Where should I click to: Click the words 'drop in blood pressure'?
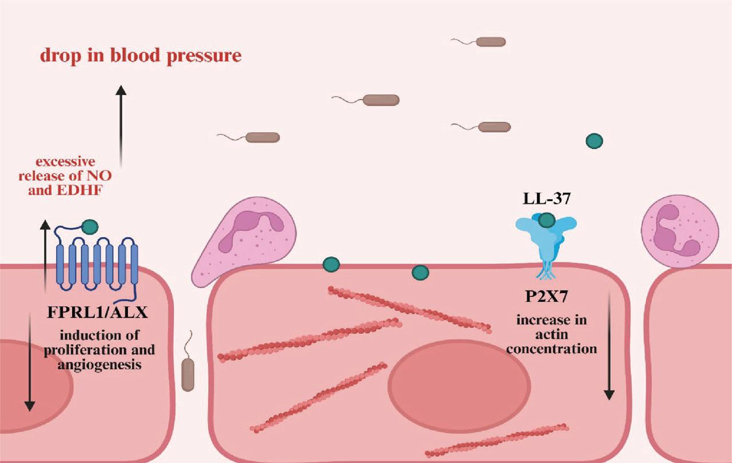[140, 56]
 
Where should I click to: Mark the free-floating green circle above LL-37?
[594, 141]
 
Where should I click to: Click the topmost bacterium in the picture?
[490, 41]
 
